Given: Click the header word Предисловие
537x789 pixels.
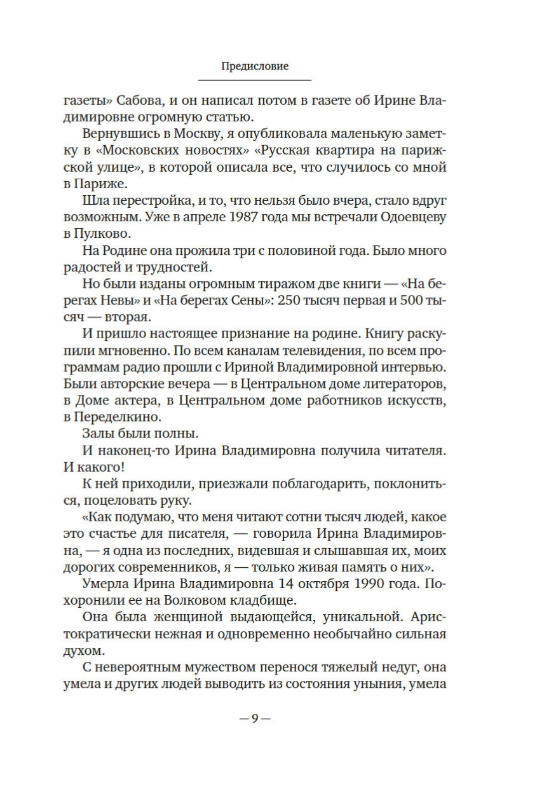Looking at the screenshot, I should (255, 66).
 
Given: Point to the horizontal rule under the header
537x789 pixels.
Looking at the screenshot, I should (255, 80).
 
